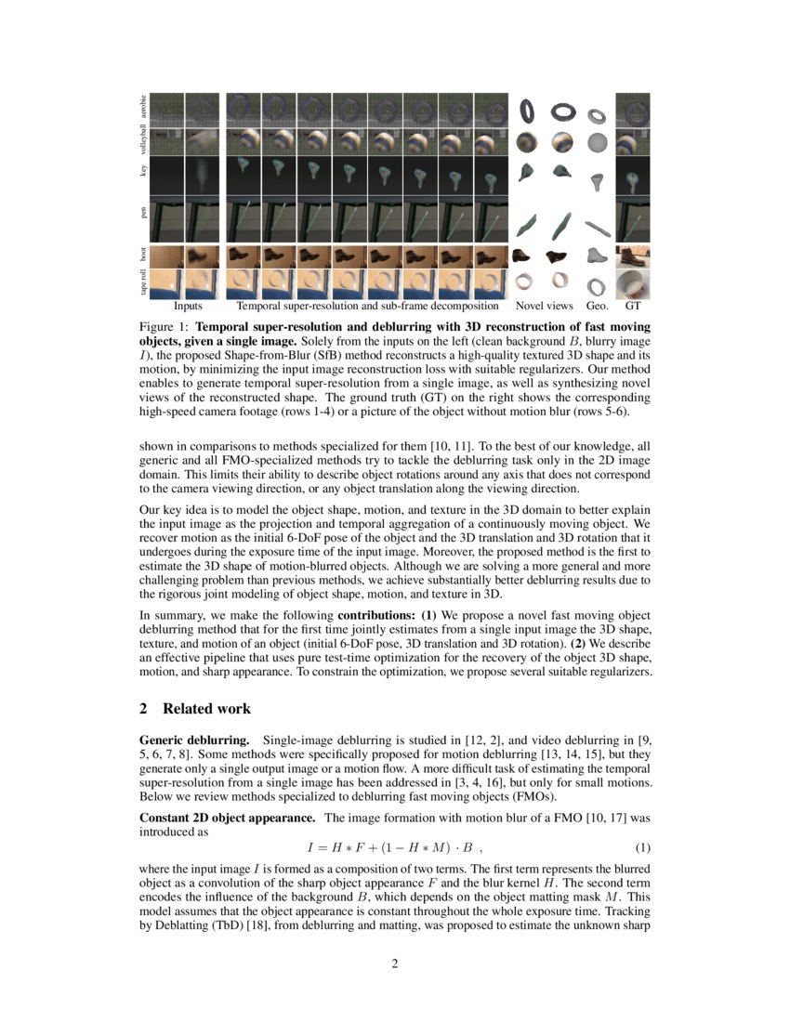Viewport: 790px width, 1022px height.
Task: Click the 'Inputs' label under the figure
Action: (188, 305)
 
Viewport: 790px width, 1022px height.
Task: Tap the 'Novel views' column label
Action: (545, 305)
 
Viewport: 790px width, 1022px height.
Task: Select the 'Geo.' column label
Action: (597, 305)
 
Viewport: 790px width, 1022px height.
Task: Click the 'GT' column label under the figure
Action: (633, 305)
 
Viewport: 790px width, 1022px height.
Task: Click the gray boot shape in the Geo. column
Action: (598, 255)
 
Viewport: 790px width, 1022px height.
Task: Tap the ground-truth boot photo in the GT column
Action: (633, 255)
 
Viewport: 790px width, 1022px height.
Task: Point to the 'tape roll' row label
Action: (143, 282)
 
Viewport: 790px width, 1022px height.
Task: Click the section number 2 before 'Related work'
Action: (143, 709)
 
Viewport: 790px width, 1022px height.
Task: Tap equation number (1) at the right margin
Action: (641, 848)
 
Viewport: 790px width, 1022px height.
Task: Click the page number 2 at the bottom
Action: (395, 963)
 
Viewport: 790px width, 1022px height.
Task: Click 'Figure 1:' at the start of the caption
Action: (165, 328)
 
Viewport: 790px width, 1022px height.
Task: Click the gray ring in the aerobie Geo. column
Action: (598, 115)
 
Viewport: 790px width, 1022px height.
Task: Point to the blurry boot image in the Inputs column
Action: (203, 255)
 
